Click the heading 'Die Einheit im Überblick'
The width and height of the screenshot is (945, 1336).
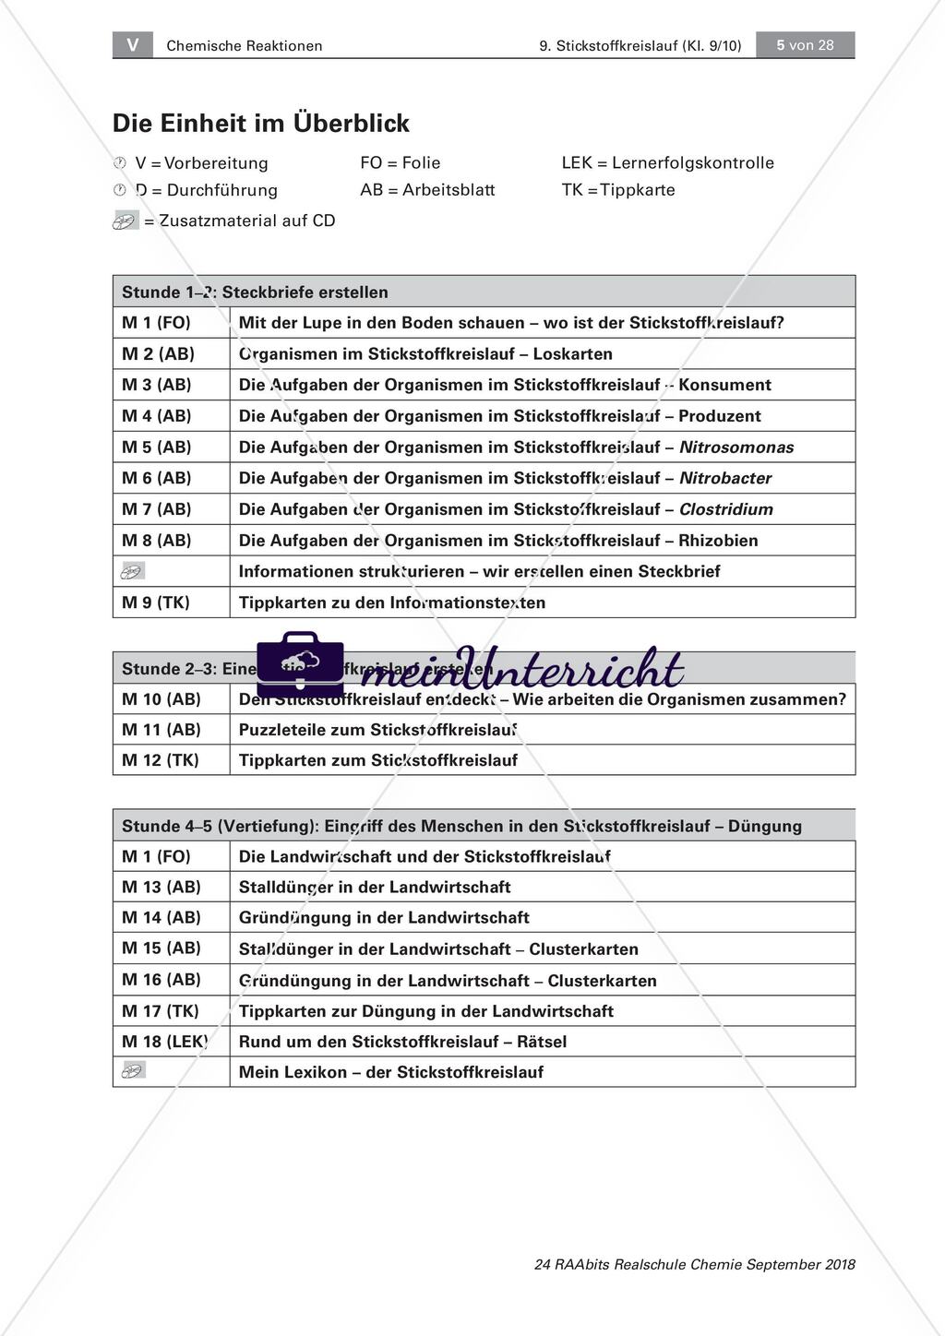coord(261,124)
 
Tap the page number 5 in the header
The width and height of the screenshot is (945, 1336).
coord(781,45)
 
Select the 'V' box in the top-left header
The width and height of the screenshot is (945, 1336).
coord(133,45)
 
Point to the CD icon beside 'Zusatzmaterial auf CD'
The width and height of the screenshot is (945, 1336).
coord(126,221)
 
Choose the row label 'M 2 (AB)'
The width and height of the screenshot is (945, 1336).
coord(157,354)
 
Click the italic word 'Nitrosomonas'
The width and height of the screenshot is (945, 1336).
coord(736,447)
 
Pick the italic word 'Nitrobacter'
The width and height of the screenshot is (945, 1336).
coord(725,478)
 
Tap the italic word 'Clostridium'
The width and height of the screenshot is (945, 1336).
coord(726,509)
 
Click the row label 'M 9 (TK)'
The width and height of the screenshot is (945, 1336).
coord(156,602)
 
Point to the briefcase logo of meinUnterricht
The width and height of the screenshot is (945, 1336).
coord(300,664)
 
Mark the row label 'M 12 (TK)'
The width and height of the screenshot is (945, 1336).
coord(161,760)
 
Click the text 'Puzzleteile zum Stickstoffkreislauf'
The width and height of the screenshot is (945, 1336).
coord(377,730)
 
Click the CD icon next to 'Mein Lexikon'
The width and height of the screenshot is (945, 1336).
coord(134,1071)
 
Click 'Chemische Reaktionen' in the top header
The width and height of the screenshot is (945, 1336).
coord(245,46)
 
